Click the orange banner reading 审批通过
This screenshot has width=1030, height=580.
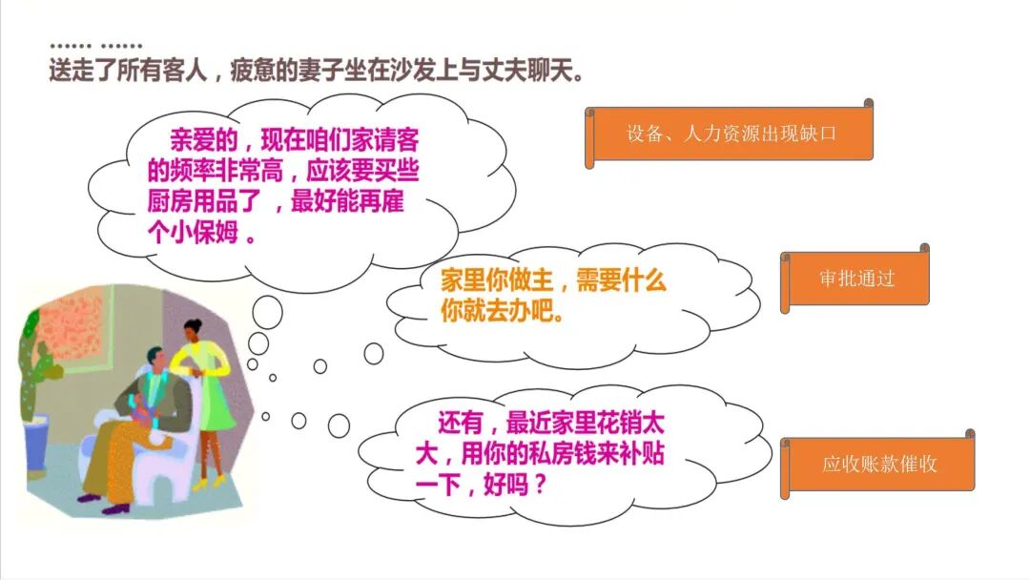click(x=855, y=279)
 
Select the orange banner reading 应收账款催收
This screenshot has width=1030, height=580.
click(x=878, y=464)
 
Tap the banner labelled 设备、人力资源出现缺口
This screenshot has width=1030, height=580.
click(x=730, y=134)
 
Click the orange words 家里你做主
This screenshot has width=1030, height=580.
click(x=497, y=280)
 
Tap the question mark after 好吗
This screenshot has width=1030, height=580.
click(x=540, y=486)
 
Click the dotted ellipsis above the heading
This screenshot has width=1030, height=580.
click(x=96, y=46)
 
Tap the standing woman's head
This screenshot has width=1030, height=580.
click(x=193, y=329)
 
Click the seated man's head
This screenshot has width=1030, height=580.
click(x=156, y=360)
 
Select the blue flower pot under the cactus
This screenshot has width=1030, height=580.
click(x=37, y=444)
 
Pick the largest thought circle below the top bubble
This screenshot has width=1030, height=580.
click(x=267, y=313)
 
